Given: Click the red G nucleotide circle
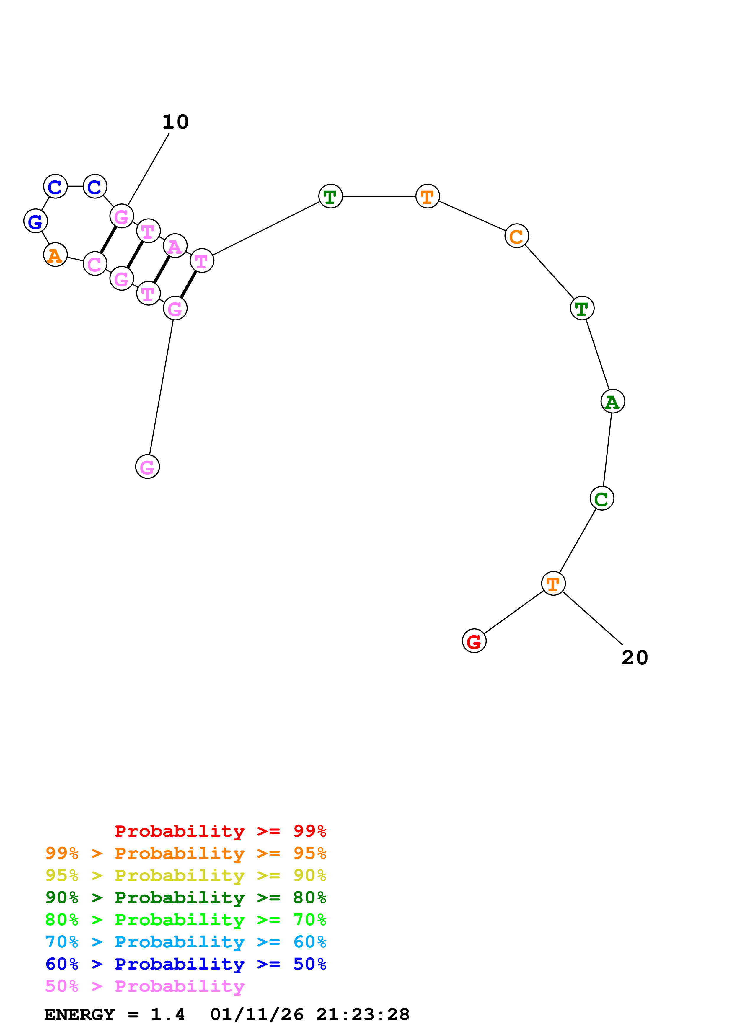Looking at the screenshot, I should tap(474, 641).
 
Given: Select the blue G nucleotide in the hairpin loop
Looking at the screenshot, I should tap(36, 221).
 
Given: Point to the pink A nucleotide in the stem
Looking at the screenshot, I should tap(175, 246).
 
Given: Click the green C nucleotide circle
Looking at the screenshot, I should tap(602, 498).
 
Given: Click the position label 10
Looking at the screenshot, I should tap(175, 122).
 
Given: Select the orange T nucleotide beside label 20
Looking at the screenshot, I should tap(553, 584).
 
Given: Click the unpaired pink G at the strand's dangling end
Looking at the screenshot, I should tap(147, 467).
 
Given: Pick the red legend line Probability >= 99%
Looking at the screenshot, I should tap(220, 831).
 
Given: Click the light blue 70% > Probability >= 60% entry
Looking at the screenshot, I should tap(185, 942).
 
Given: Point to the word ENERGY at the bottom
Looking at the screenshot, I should tap(79, 1015).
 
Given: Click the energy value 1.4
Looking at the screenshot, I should tap(168, 1015).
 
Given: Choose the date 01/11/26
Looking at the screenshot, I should tap(257, 1015).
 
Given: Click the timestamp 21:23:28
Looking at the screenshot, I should tap(363, 1015).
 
